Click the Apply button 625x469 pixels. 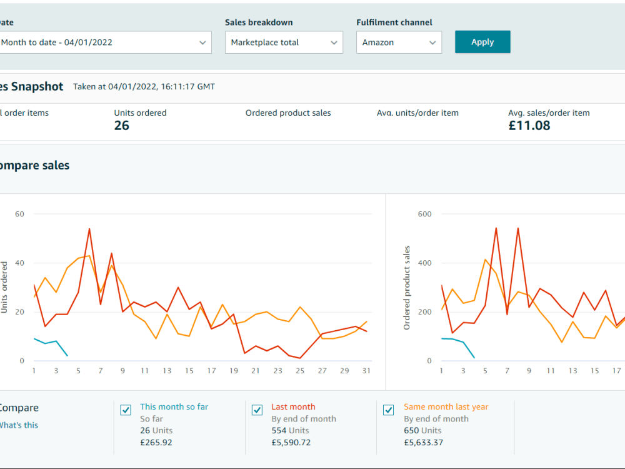(x=482, y=42)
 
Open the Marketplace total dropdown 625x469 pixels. (x=284, y=43)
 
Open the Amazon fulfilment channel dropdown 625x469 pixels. (x=399, y=43)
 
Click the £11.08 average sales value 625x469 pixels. (x=529, y=126)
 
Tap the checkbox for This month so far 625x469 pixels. (x=126, y=410)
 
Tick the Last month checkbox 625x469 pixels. (x=257, y=410)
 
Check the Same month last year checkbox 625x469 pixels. (x=389, y=410)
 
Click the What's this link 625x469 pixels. (x=19, y=425)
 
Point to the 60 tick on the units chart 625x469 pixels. (x=19, y=214)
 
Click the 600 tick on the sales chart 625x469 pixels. (x=424, y=214)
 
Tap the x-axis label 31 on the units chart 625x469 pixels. (x=366, y=371)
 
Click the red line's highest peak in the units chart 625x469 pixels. (x=89, y=229)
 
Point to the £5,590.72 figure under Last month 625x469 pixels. (x=291, y=442)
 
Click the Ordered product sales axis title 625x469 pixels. (x=407, y=288)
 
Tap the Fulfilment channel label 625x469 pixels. (x=394, y=23)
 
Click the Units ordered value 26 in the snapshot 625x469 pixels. (x=122, y=126)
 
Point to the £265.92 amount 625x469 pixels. (x=156, y=442)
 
